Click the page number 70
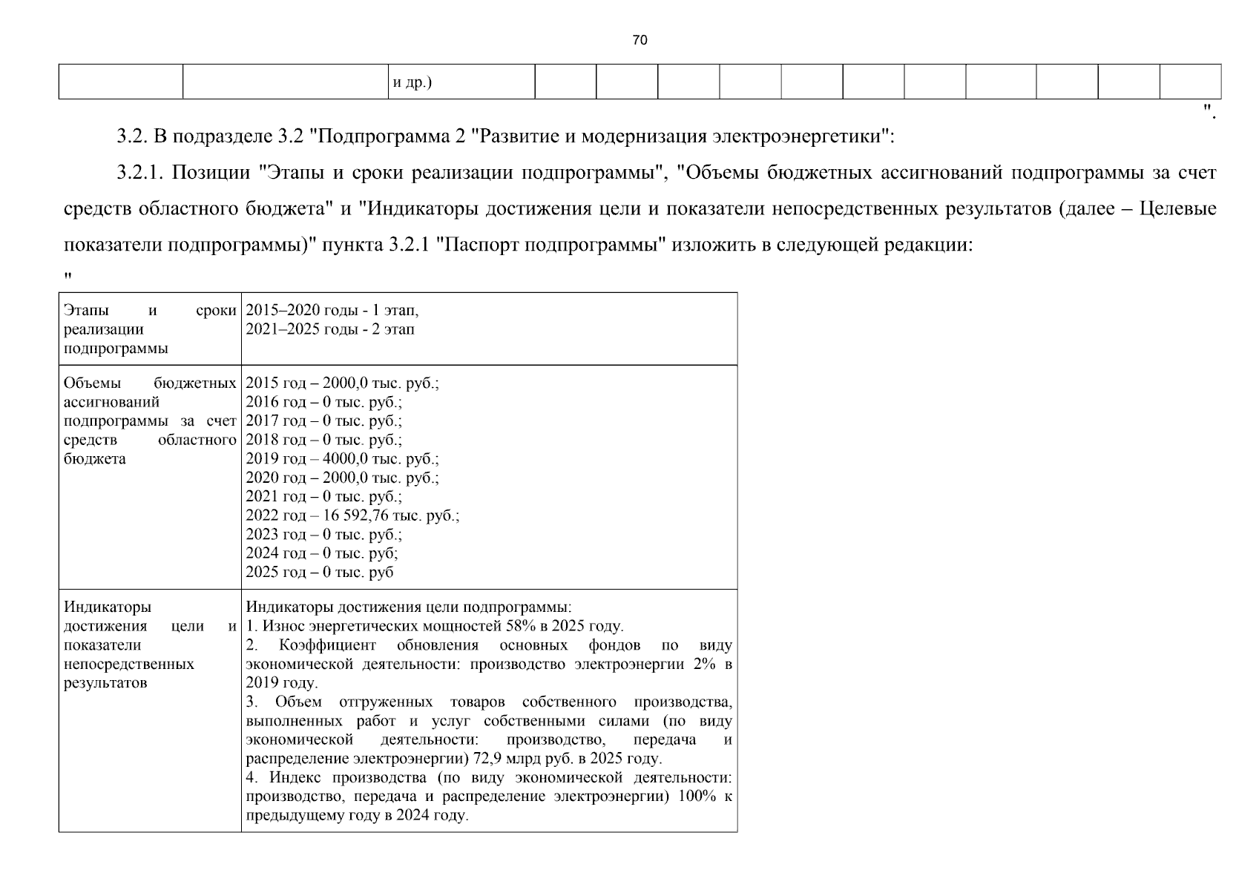tap(640, 40)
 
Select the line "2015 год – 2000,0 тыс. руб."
tap(342, 383)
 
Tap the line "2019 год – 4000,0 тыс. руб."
tap(342, 459)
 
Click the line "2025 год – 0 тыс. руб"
tap(320, 572)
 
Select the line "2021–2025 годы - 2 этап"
tap(330, 329)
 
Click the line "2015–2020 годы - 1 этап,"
tap(332, 310)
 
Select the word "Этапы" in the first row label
tap(86, 310)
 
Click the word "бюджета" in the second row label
tap(95, 459)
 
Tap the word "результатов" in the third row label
tap(105, 682)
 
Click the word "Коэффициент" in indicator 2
tap(327, 645)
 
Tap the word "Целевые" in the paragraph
tap(1177, 209)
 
